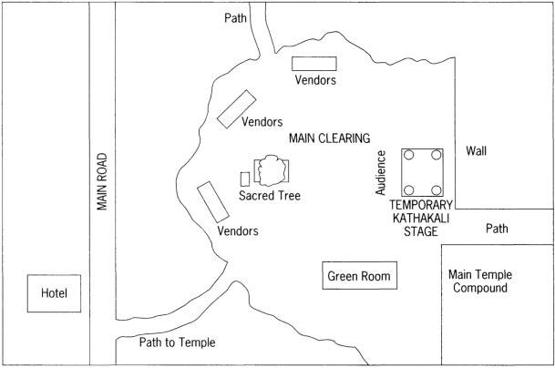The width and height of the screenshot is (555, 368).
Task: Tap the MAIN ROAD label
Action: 103,180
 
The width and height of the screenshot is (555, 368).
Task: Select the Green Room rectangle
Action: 359,276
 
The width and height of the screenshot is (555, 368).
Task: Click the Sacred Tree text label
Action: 269,195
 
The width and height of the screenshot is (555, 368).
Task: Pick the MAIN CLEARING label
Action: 329,138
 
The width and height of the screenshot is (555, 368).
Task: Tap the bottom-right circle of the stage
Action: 437,190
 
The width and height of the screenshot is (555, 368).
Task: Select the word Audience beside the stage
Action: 382,173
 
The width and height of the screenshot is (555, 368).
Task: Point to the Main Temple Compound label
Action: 485,281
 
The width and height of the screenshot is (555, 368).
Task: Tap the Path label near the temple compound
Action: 498,228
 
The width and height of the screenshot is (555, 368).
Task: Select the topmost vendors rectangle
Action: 314,63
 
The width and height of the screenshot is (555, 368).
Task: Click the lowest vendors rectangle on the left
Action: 213,200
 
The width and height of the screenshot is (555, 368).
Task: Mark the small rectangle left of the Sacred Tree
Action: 244,178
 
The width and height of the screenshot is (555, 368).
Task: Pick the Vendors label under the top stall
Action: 315,80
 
